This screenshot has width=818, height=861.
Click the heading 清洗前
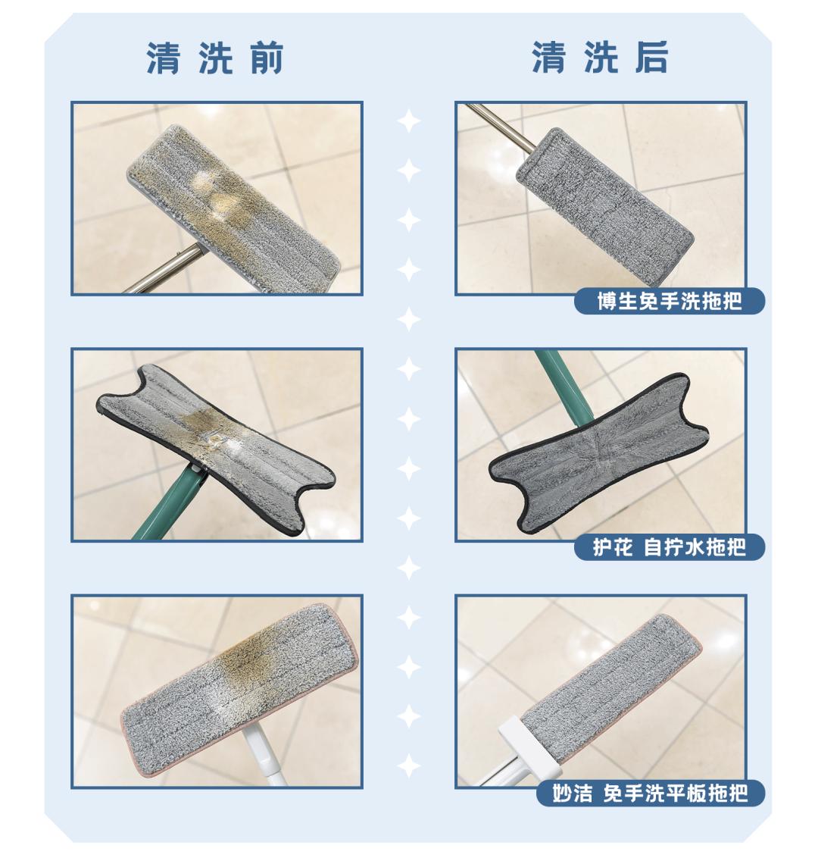click(x=214, y=58)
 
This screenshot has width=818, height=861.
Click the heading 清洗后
click(x=599, y=58)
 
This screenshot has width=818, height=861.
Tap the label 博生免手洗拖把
click(x=670, y=301)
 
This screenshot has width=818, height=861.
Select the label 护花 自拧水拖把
click(x=670, y=546)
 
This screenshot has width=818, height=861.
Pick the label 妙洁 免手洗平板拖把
click(x=649, y=794)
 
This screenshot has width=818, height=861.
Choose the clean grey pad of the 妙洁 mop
click(x=613, y=682)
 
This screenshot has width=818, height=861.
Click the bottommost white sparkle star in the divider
click(x=409, y=766)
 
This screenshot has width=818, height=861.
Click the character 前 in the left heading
click(x=266, y=58)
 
